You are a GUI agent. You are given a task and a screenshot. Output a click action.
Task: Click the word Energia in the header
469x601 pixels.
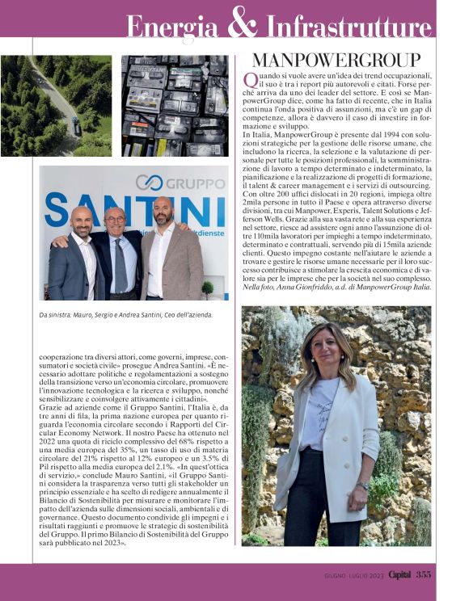tap(174, 27)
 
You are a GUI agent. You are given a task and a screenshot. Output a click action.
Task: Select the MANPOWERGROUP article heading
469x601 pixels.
tap(336, 60)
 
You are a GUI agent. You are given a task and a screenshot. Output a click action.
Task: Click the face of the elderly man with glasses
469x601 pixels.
tap(116, 221)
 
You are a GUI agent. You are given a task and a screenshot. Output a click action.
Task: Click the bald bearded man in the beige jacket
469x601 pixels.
tap(167, 254)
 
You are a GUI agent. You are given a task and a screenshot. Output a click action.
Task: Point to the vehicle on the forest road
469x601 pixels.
tap(75, 125)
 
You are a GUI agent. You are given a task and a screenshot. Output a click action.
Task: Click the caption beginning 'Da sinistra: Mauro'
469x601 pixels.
tap(125, 314)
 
